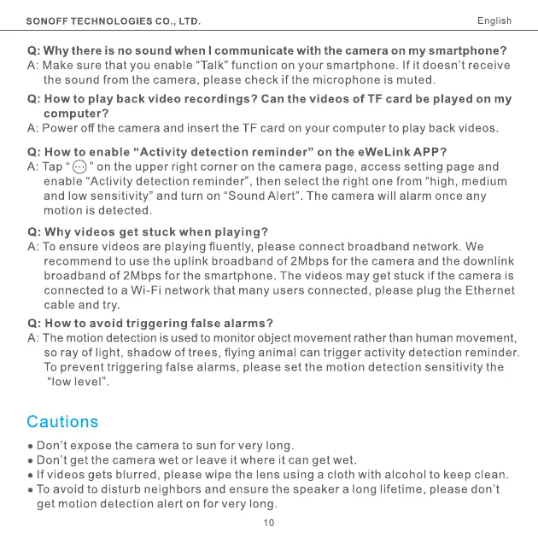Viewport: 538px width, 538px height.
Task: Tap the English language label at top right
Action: click(494, 20)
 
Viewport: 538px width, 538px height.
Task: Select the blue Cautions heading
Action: click(62, 422)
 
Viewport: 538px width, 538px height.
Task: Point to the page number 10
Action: click(269, 521)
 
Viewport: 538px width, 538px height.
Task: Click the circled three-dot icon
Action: click(78, 167)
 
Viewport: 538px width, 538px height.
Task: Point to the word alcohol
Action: click(407, 475)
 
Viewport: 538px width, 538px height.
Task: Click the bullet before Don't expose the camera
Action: click(31, 446)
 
